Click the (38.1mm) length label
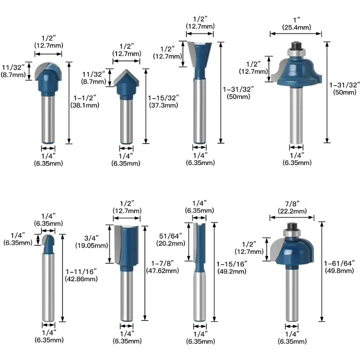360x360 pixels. pyautogui.click(x=85, y=105)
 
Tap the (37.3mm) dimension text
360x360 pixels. pyautogui.click(x=163, y=105)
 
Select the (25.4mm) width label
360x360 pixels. pyautogui.click(x=297, y=27)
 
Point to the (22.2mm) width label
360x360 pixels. pyautogui.click(x=292, y=211)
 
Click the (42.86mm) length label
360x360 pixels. pyautogui.click(x=81, y=279)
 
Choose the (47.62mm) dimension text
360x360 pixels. pyautogui.click(x=162, y=271)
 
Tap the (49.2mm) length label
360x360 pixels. pyautogui.click(x=232, y=271)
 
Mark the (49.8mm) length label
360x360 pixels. pyautogui.click(x=339, y=271)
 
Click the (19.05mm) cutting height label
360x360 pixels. pyautogui.click(x=92, y=245)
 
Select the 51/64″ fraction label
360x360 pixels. pyautogui.click(x=171, y=236)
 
